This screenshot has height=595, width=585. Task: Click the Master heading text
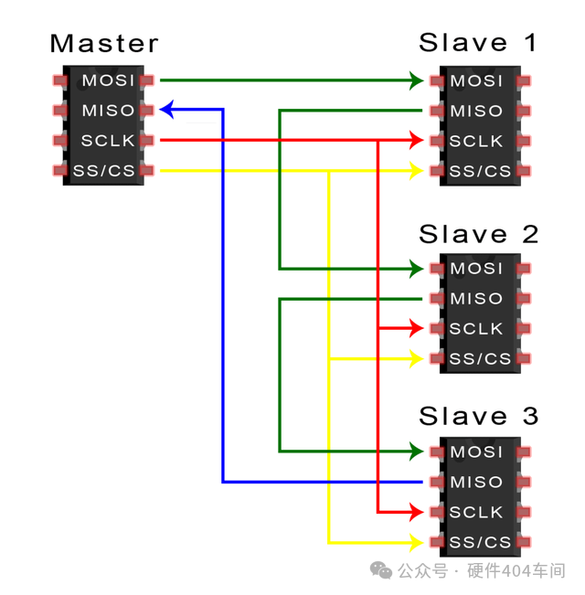tap(103, 43)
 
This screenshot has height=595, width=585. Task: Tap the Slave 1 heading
tap(478, 43)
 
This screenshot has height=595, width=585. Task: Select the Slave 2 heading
tap(478, 234)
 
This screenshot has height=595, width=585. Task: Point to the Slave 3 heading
tap(478, 417)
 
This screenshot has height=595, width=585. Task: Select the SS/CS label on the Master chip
tap(103, 171)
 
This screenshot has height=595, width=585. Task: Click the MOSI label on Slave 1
tap(476, 81)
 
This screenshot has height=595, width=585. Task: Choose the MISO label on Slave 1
tap(476, 112)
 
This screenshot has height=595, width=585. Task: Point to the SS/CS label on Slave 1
tap(480, 171)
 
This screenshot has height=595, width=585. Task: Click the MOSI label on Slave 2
tap(476, 269)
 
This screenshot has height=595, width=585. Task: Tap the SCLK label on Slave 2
tap(476, 328)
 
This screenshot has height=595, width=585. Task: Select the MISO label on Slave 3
tap(476, 482)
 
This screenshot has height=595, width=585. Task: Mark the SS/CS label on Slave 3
tap(480, 542)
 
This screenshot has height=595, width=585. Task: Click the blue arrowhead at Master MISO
tap(167, 110)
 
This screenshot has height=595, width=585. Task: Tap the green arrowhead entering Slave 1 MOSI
tap(416, 80)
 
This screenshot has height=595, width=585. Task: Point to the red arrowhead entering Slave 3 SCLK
tap(416, 511)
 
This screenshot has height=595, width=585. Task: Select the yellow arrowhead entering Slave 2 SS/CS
tap(416, 358)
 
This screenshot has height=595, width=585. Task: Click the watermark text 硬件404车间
tap(516, 571)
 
